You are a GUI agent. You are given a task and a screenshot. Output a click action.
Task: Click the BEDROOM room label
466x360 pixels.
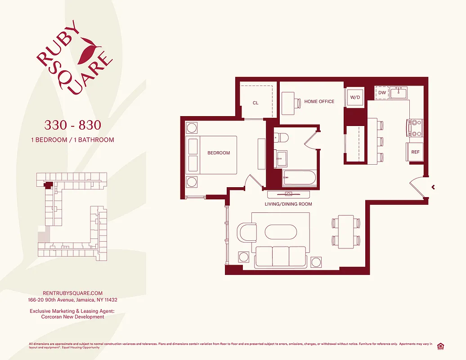[x=219, y=153]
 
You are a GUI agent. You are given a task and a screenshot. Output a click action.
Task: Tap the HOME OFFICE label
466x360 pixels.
[x=319, y=102]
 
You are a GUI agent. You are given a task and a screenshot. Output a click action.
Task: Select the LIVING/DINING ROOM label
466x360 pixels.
[x=288, y=204]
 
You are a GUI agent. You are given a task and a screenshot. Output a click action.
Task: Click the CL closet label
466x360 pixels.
[x=255, y=103]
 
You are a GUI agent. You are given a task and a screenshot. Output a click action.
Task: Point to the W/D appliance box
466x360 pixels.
[x=355, y=97]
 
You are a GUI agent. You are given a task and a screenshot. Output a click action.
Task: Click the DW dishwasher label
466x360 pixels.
[x=382, y=93]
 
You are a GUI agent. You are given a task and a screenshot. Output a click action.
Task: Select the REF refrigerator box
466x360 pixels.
[x=415, y=152]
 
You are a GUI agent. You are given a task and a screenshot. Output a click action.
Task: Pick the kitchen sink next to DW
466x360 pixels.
[x=399, y=93]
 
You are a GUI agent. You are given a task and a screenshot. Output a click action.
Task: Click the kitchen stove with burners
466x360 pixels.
[x=415, y=127]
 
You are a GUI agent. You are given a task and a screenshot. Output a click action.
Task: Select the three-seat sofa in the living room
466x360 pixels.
[x=280, y=257]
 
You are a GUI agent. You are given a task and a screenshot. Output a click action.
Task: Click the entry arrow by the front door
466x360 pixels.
[x=433, y=187]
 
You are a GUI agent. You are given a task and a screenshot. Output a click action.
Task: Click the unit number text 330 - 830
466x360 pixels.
[x=72, y=124]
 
